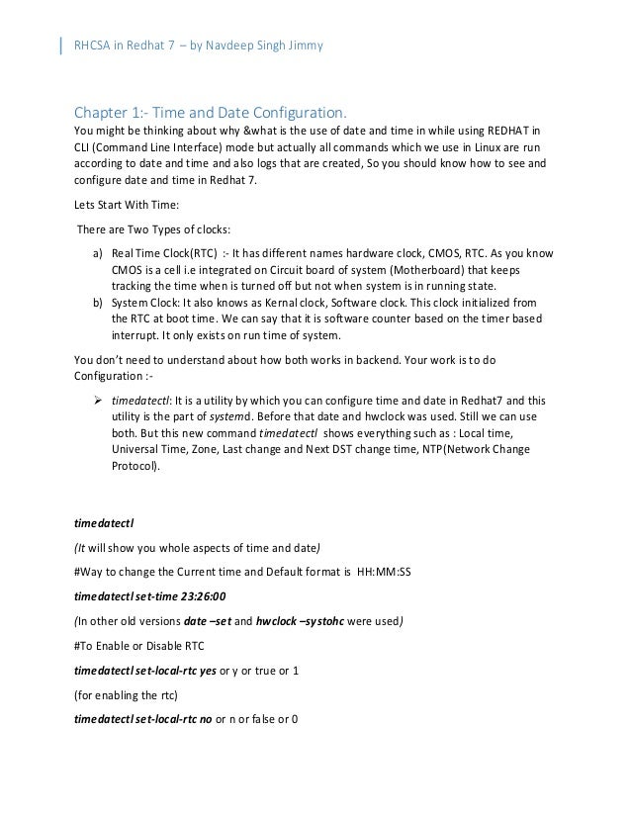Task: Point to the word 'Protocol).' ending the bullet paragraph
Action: [x=135, y=466]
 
